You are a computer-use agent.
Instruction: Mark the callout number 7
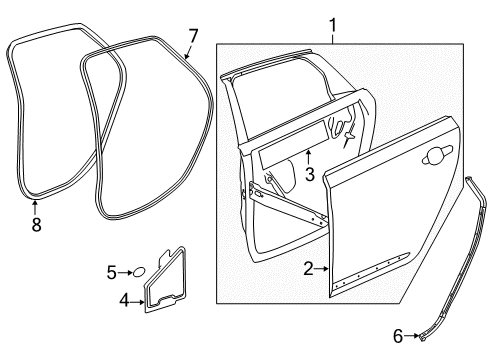[x=193, y=36]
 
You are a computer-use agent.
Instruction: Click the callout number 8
[x=36, y=225]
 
